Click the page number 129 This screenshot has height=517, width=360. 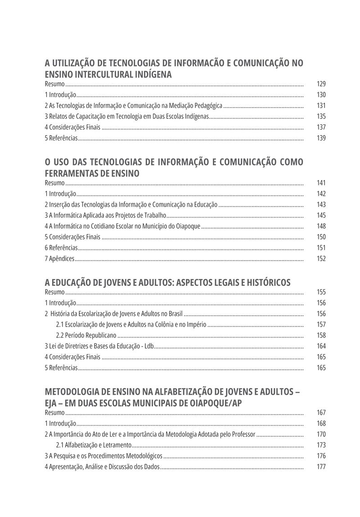click(x=321, y=84)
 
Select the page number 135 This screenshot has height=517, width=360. click(x=321, y=117)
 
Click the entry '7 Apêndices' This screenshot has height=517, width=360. click(x=59, y=259)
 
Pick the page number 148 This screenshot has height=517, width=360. click(x=321, y=226)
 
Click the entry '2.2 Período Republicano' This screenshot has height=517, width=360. click(x=86, y=335)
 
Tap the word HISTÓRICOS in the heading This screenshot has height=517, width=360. click(x=266, y=283)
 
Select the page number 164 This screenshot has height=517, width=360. click(x=321, y=346)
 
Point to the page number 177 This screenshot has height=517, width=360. click(x=321, y=467)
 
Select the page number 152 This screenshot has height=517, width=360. click(x=321, y=259)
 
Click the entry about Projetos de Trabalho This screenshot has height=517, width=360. click(x=105, y=216)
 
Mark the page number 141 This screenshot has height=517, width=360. click(x=321, y=183)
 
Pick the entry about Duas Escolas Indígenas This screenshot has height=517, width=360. click(x=127, y=117)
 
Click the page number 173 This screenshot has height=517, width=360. click(x=321, y=445)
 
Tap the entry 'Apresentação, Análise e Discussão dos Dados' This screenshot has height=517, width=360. click(x=102, y=467)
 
